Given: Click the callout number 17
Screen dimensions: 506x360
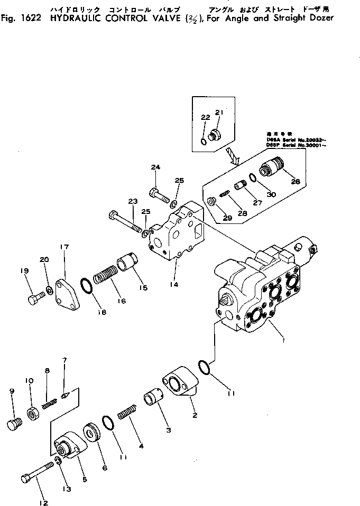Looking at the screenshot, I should (64, 246).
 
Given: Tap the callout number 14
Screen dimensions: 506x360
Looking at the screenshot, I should (174, 284).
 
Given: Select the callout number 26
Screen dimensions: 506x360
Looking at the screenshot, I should (295, 182).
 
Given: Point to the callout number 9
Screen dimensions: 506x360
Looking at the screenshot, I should (12, 391).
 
